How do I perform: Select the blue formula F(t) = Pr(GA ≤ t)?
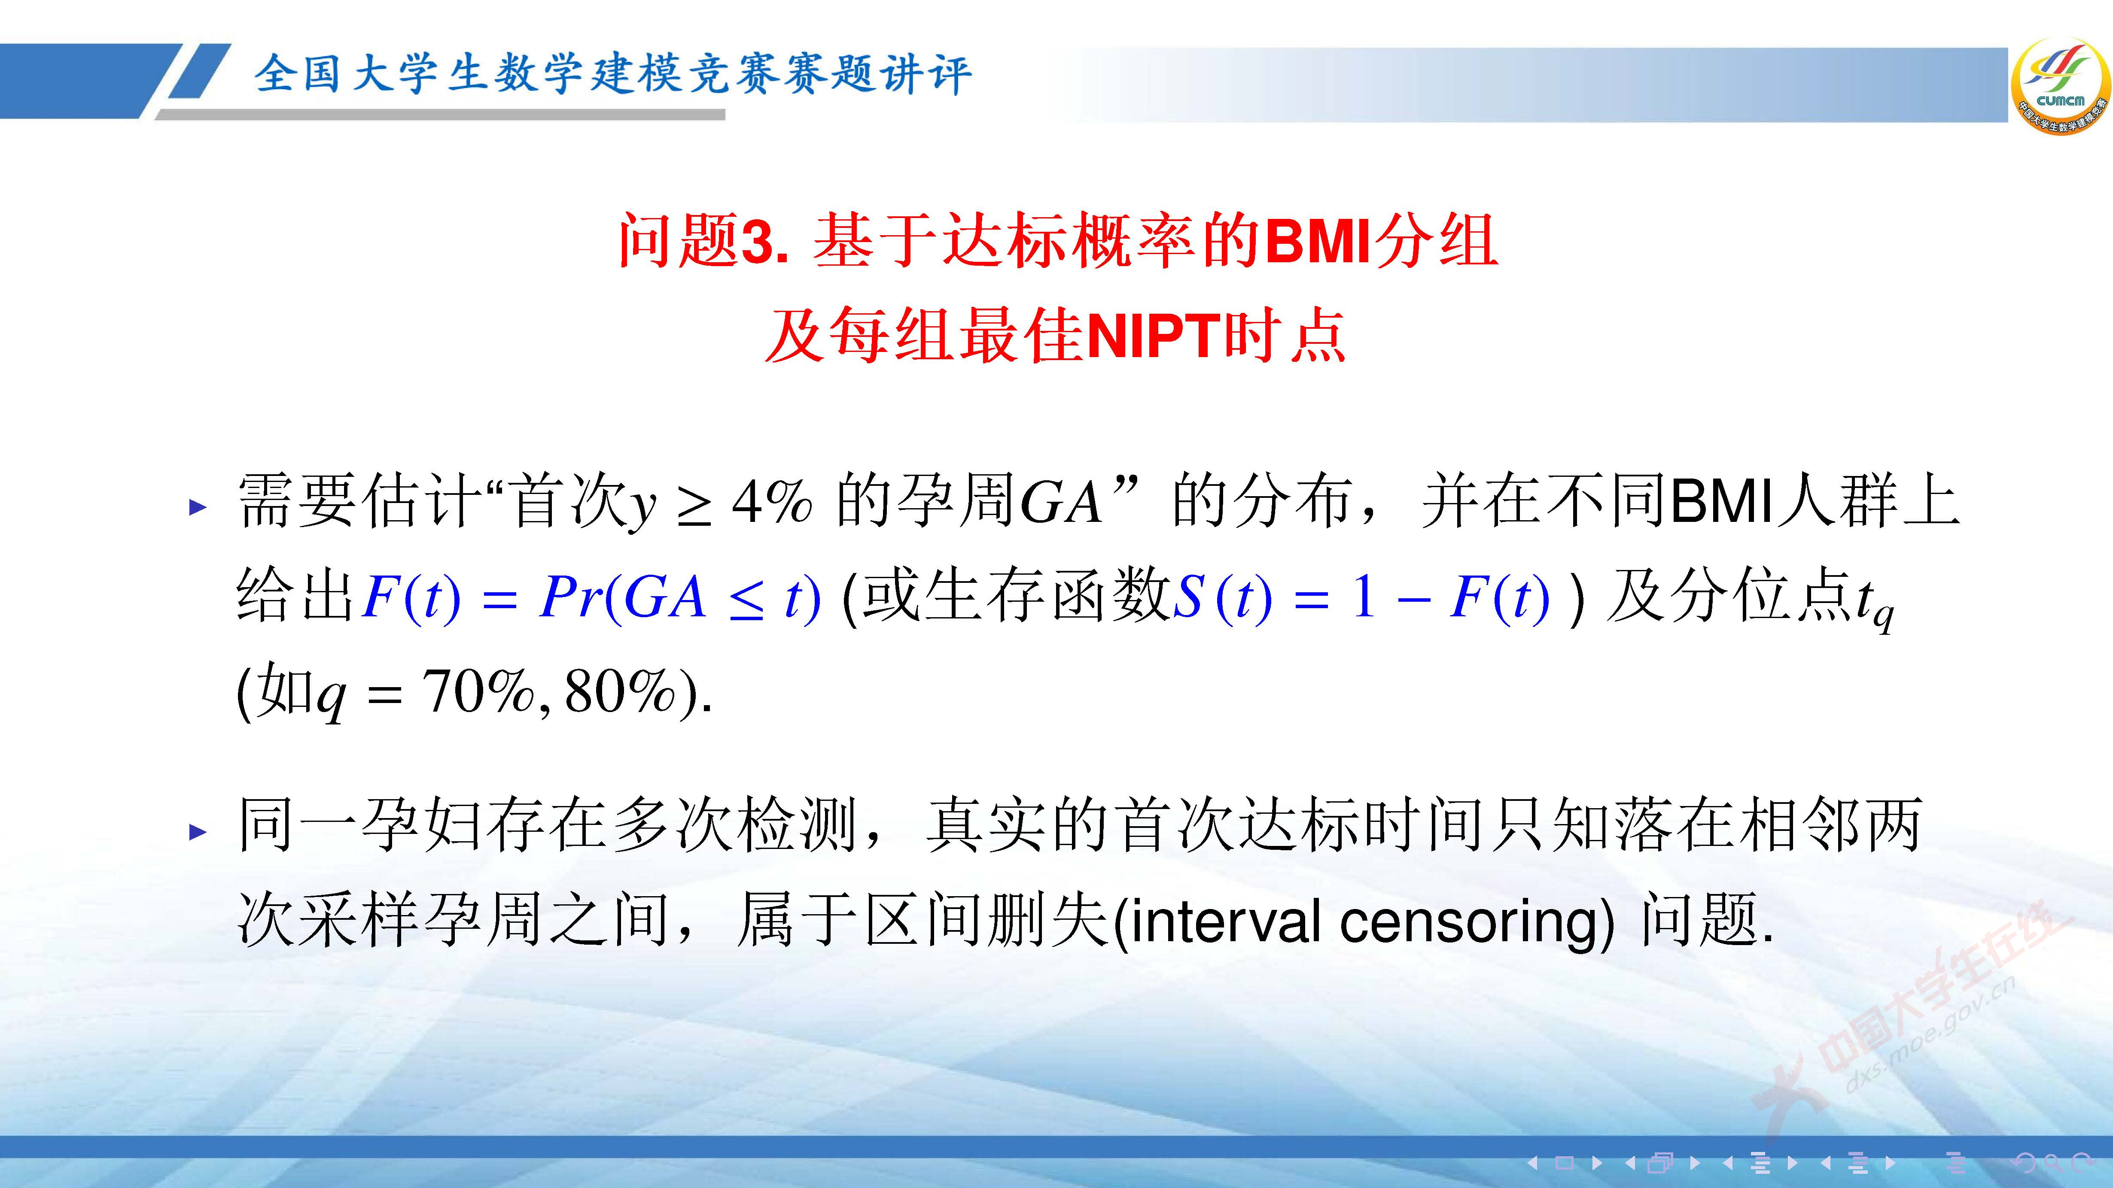point(591,597)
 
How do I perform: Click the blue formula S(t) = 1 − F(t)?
point(1361,597)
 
